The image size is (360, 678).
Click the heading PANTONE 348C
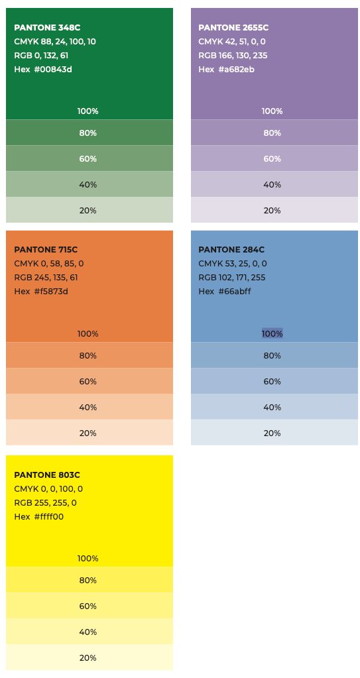[x=47, y=28]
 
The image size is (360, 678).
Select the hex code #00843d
[x=52, y=70]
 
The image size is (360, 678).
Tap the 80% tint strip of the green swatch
[x=89, y=133]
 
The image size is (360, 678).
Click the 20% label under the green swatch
[x=88, y=210]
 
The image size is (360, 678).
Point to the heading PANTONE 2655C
[x=233, y=28]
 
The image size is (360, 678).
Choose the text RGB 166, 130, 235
[x=233, y=56]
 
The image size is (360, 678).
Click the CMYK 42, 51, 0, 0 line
[x=232, y=42]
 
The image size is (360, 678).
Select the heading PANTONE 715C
[x=46, y=250]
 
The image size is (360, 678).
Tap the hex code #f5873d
[x=51, y=292]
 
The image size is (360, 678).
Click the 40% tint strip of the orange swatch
[x=89, y=407]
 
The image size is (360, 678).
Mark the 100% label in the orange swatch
[x=88, y=334]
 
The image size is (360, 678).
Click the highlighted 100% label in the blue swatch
[x=272, y=333]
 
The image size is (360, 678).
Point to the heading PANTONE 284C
[x=231, y=250]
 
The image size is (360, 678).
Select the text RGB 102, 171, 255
[x=232, y=278]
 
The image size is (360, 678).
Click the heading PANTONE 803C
[x=47, y=475]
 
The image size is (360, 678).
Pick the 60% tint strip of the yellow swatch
[x=89, y=606]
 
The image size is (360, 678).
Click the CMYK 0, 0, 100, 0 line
[x=48, y=489]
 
